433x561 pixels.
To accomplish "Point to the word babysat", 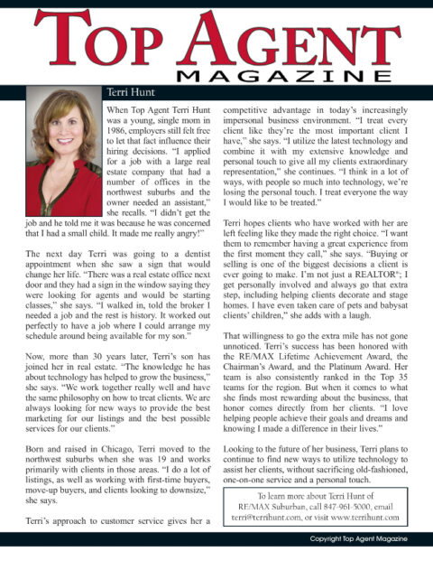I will pos(378,305).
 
